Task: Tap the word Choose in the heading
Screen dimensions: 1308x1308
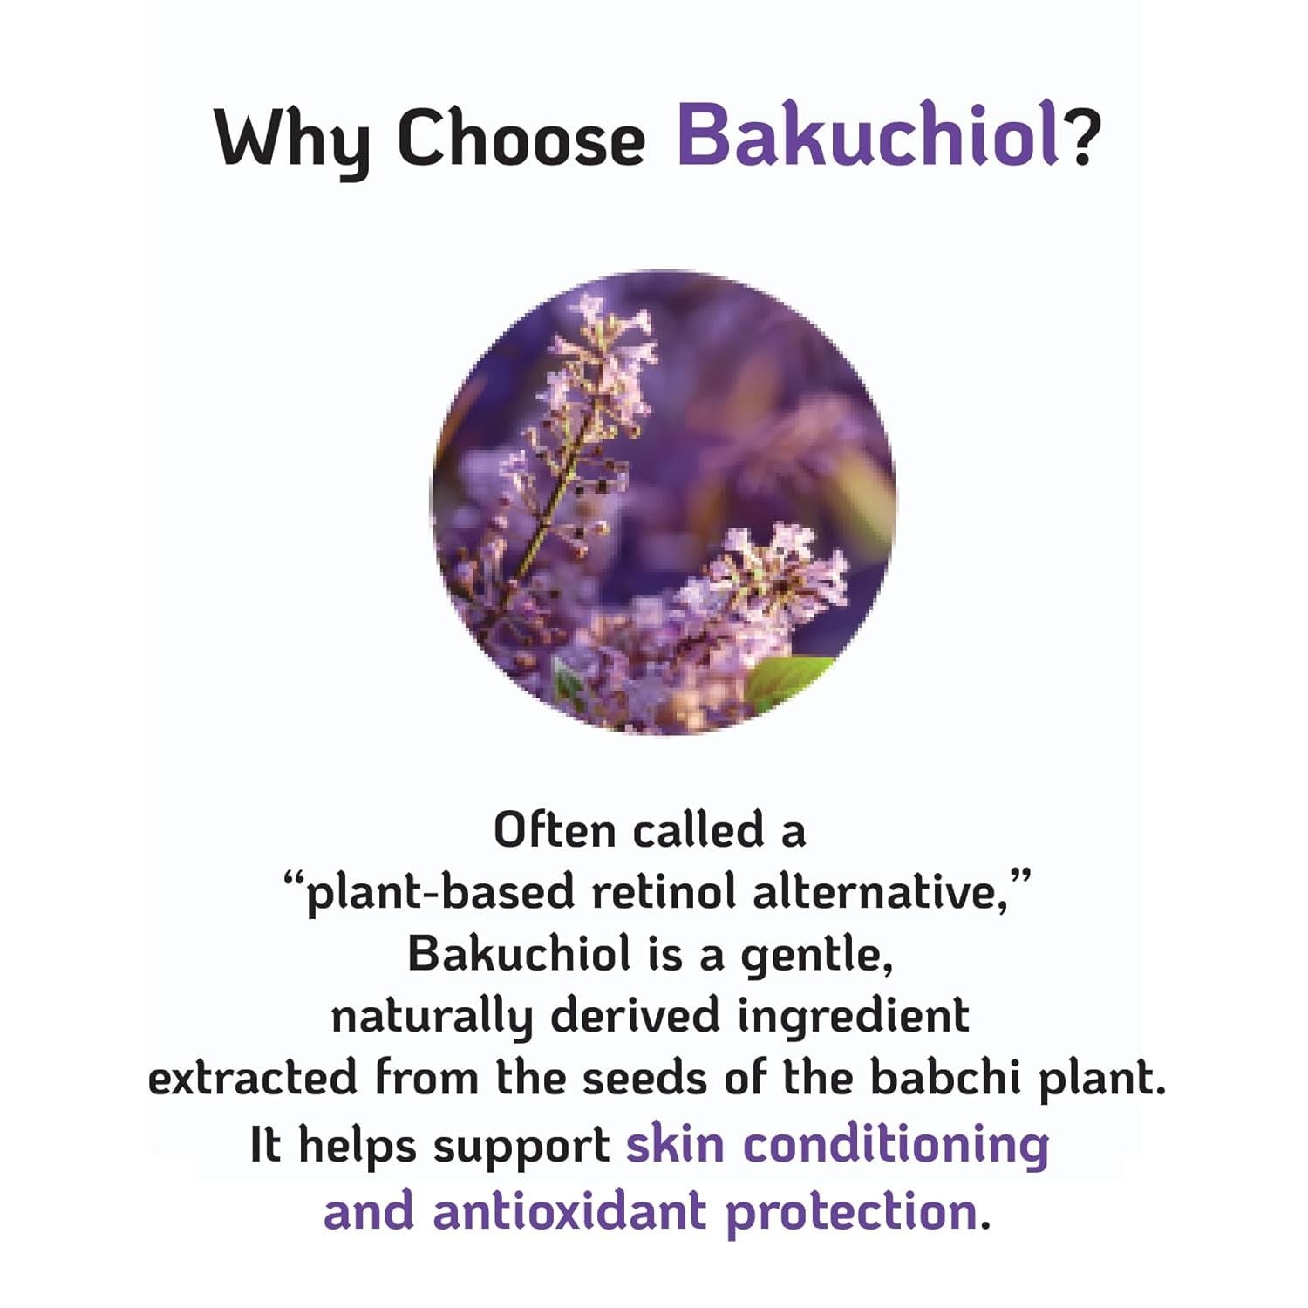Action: pyautogui.click(x=521, y=138)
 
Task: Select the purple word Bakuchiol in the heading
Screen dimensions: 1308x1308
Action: pyautogui.click(x=869, y=135)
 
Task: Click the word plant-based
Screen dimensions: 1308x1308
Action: pyautogui.click(x=440, y=894)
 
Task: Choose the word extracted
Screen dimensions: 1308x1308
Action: pyautogui.click(x=253, y=1078)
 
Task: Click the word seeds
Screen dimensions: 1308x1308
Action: pyautogui.click(x=646, y=1078)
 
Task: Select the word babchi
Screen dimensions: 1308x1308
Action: pyautogui.click(x=945, y=1078)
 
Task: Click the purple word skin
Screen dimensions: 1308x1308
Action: pyautogui.click(x=675, y=1144)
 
